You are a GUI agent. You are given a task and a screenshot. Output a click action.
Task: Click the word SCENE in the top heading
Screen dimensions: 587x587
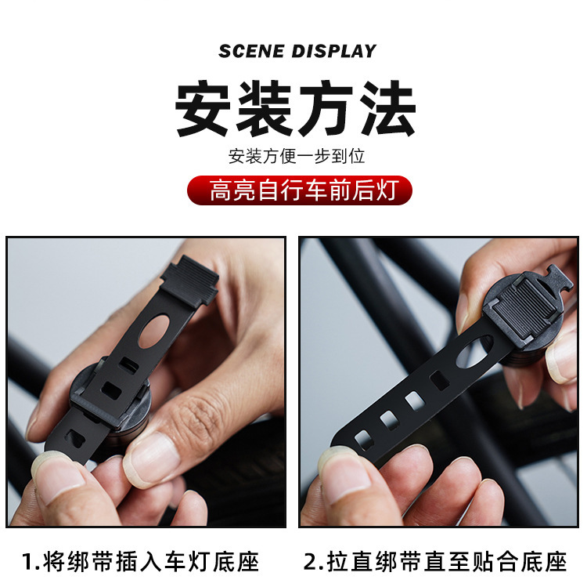tap(252, 52)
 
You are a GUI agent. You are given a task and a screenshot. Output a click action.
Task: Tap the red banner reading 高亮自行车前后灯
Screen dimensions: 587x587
tap(299, 190)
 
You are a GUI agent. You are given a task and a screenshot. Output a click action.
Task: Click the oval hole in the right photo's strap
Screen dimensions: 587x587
tap(473, 351)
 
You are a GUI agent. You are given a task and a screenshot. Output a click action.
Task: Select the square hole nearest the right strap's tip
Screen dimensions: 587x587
tap(364, 437)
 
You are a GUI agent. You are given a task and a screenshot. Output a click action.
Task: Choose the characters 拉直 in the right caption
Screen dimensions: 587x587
tap(351, 561)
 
